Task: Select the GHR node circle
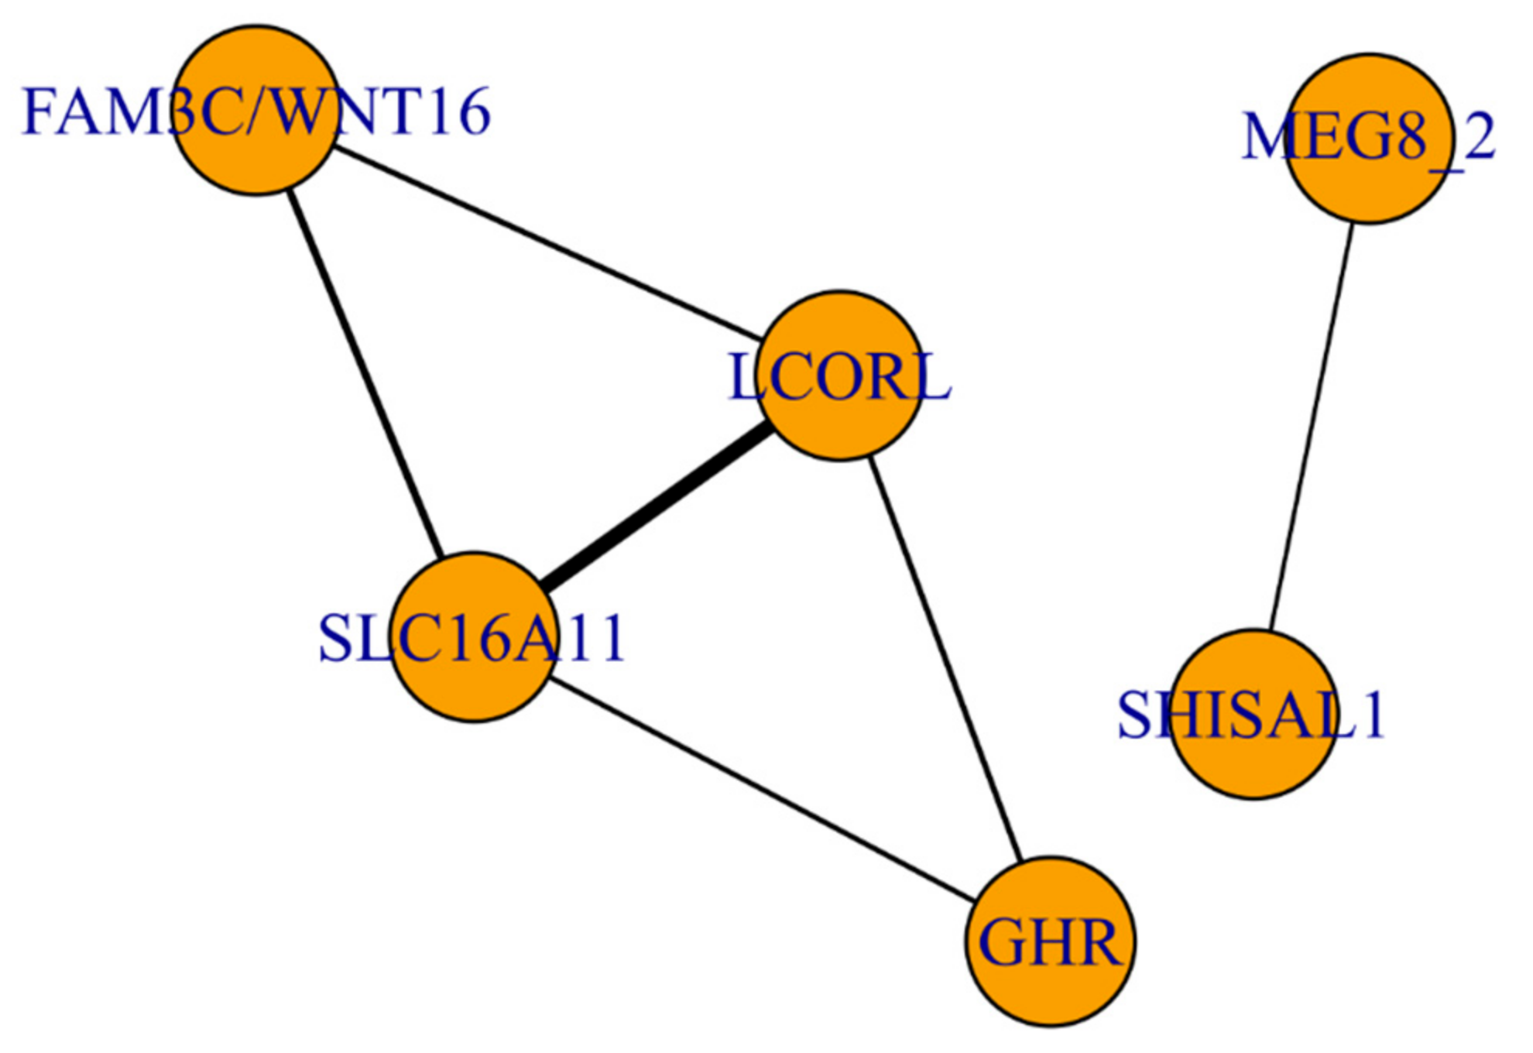[1051, 941]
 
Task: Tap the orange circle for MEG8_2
[1369, 139]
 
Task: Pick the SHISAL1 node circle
[1253, 713]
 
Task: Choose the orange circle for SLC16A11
[473, 636]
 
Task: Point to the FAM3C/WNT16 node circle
[256, 110]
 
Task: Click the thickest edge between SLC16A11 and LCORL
[657, 506]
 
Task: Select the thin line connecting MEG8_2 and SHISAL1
[1312, 426]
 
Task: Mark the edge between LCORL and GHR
[945, 658]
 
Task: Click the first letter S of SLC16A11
[335, 638]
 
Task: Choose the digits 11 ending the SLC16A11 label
[604, 638]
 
